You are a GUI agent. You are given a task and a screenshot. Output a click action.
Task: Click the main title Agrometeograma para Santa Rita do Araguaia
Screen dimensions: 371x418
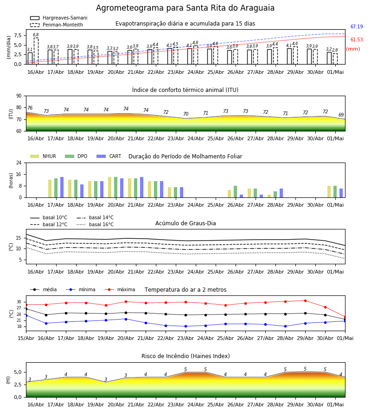coord(185,8)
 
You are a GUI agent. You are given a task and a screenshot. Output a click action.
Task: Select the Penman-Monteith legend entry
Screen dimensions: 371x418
coord(57,25)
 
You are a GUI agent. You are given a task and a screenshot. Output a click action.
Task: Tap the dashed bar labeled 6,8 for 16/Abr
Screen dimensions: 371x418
coord(36,51)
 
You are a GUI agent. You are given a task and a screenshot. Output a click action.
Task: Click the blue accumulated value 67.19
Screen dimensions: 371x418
coord(357,26)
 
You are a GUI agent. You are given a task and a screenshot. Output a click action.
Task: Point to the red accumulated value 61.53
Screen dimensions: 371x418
coord(357,40)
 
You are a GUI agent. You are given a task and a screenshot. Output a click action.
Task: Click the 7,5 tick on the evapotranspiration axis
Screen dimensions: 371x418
coord(18,36)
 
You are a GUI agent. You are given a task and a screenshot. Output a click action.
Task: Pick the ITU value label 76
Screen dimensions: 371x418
coord(30,108)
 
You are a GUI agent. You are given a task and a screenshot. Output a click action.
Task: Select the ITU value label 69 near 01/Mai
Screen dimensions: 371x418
coord(341,115)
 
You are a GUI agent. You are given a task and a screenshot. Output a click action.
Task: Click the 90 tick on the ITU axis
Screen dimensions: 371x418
coord(19,96)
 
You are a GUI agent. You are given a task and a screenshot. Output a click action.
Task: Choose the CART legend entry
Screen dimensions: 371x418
coord(109,156)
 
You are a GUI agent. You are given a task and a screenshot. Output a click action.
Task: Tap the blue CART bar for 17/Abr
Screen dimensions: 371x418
coord(62,187)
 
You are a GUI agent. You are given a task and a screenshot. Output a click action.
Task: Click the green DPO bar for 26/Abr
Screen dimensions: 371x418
coord(235,192)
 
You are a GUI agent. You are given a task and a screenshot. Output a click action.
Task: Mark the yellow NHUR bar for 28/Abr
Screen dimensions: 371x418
coord(269,196)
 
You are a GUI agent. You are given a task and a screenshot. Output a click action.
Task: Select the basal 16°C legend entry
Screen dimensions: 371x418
coord(95,224)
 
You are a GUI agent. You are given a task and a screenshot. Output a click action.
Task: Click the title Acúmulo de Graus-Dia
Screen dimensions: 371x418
coord(185,223)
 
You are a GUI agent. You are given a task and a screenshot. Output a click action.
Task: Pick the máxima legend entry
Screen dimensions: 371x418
coord(120,289)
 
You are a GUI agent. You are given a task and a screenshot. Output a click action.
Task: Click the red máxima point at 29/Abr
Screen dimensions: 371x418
coord(305,300)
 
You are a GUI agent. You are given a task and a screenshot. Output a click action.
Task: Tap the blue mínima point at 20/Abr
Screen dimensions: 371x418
coord(126,319)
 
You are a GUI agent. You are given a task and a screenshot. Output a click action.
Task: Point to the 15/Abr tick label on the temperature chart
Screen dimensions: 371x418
coord(26,338)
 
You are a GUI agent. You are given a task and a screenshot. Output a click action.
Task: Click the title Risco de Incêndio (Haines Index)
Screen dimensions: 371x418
coord(185,356)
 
